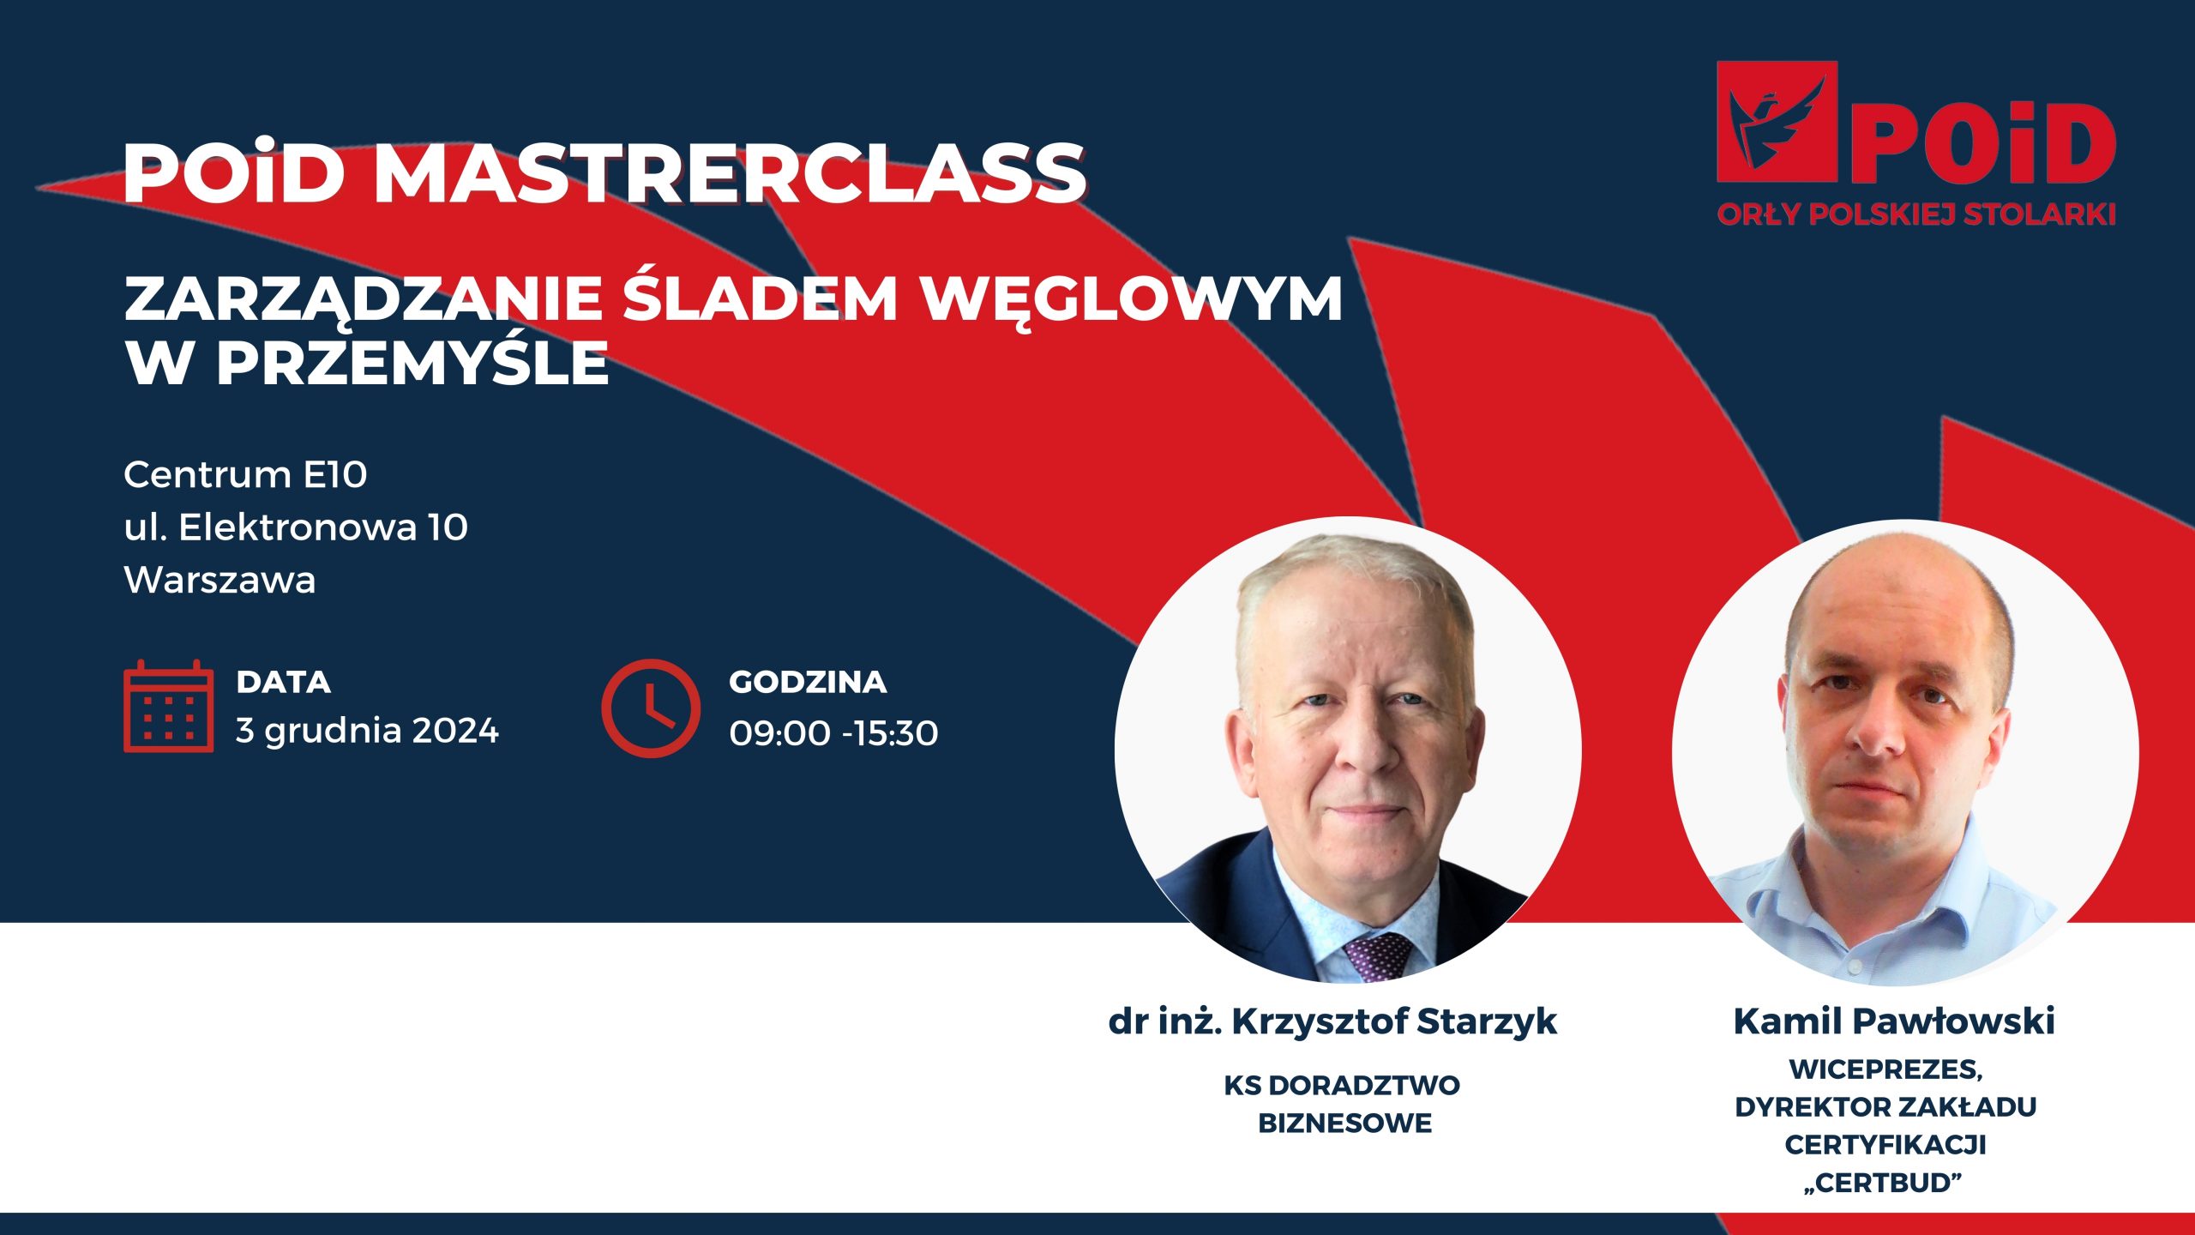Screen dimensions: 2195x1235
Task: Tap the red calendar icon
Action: point(168,706)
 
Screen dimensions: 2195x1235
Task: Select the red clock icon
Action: point(651,708)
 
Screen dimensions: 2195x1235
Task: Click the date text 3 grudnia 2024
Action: point(367,731)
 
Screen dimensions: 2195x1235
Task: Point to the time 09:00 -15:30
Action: point(833,733)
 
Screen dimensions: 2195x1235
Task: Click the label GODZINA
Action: point(808,682)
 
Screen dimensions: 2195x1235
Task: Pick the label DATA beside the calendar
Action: point(283,682)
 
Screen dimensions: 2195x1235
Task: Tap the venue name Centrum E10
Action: point(245,474)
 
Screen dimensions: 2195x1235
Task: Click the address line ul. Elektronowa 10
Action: point(296,527)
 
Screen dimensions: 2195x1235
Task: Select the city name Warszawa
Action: point(220,581)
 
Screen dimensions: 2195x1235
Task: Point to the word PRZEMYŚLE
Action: point(412,361)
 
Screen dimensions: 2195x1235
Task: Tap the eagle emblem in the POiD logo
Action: point(1777,121)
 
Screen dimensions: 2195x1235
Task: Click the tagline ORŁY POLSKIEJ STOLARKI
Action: point(1916,214)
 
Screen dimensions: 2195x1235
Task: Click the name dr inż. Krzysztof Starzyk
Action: point(1332,1021)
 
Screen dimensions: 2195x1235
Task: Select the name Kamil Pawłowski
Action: point(1894,1021)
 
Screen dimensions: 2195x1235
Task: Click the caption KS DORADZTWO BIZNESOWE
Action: point(1343,1104)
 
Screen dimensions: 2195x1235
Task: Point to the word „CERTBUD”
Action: point(1884,1184)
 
